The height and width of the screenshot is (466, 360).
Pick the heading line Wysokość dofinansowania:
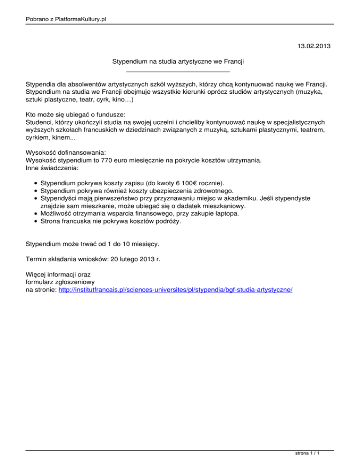click(x=66, y=152)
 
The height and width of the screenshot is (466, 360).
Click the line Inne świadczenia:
click(x=52, y=168)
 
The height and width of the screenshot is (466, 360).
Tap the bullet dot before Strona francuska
click(x=35, y=222)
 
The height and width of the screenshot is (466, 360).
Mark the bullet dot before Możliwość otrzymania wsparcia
click(x=35, y=214)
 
